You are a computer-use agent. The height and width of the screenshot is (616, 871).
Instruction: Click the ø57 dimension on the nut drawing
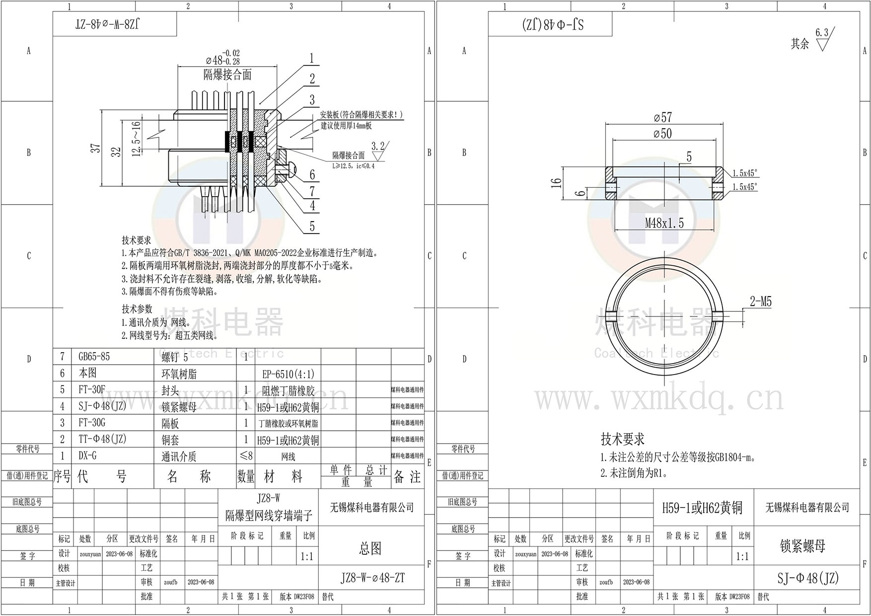coord(663,117)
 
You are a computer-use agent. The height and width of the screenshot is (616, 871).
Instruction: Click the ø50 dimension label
coord(663,133)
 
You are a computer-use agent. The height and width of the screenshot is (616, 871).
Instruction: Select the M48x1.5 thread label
coord(664,223)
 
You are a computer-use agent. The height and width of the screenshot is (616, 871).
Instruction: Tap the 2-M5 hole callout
coord(761,302)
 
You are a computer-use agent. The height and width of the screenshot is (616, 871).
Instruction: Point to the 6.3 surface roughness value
coord(822,33)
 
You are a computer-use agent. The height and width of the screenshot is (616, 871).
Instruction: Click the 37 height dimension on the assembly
coord(96,148)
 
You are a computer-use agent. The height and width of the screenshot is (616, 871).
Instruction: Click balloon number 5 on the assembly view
coord(312,227)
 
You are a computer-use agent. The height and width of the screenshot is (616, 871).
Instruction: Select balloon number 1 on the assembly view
coord(312,58)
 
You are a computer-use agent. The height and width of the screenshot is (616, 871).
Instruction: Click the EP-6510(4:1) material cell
coord(289,374)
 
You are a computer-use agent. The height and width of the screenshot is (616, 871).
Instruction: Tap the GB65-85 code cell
coord(94,357)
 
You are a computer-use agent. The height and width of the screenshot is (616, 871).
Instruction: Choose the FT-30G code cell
coord(92,423)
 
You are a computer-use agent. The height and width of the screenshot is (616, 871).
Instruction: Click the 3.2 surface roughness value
coord(378,146)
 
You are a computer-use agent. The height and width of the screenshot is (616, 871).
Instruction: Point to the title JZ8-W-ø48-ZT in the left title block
coord(372,578)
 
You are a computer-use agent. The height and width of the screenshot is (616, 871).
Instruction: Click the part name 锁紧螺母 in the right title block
coord(802,546)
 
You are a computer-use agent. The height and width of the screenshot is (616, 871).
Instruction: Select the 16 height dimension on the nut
coord(557,183)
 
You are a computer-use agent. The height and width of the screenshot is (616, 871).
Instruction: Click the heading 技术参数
coord(137,309)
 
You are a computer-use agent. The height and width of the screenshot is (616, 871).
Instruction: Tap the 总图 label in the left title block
coord(370,548)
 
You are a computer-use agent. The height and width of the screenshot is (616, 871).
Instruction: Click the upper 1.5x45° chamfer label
coord(745,173)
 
